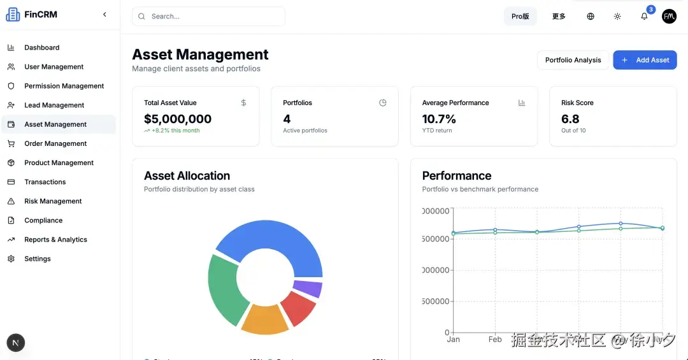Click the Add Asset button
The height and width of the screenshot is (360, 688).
(x=645, y=60)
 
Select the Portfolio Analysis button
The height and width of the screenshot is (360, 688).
(x=573, y=60)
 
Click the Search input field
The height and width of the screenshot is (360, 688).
(x=209, y=17)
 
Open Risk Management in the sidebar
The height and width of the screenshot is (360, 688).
(x=53, y=201)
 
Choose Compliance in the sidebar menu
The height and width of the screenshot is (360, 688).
(x=43, y=220)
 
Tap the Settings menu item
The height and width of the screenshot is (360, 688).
(x=38, y=259)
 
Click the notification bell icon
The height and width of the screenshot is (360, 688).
(x=644, y=17)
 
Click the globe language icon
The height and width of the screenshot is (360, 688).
(x=591, y=17)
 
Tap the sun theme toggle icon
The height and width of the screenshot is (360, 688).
(x=617, y=17)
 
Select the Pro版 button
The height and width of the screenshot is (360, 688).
(x=520, y=17)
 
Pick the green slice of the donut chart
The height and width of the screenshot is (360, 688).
(x=224, y=290)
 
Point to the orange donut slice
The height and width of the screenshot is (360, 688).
(x=265, y=319)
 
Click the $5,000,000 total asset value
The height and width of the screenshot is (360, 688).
(x=178, y=119)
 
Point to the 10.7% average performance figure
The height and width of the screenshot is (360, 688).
(x=439, y=119)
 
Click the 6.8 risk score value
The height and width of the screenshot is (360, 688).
(x=570, y=119)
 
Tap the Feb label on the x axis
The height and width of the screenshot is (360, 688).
(x=495, y=340)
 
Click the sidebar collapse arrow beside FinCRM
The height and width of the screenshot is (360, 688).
(x=104, y=15)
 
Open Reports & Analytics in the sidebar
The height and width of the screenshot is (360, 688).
(x=55, y=240)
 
